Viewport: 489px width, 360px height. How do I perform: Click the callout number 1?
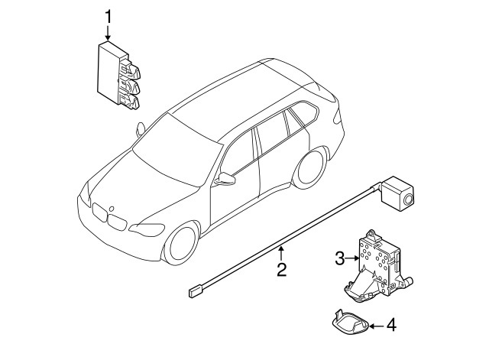coord(108,15)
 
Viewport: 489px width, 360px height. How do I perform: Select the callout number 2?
coord(281,269)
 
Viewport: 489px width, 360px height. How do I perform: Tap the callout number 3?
coord(340,259)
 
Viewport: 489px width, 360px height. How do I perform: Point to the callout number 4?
coord(391,326)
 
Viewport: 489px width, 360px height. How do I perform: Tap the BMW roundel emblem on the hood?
coord(111,208)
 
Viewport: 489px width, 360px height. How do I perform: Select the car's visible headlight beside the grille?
coord(146,229)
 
